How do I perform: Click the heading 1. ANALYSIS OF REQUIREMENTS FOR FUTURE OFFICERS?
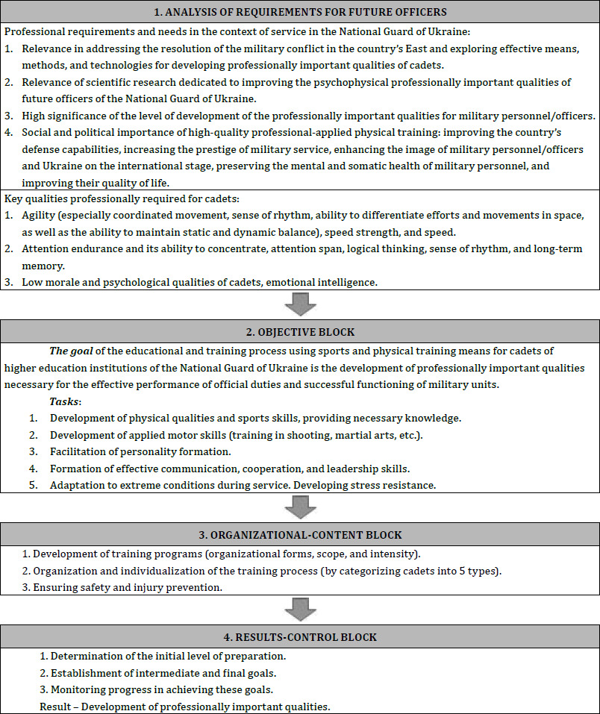tap(300, 13)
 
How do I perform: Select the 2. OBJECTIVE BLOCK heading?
tap(300, 331)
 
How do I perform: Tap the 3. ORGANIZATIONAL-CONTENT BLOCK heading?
tap(300, 534)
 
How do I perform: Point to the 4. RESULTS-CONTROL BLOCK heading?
tap(300, 636)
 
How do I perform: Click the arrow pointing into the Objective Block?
tap(300, 304)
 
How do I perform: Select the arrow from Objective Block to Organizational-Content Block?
tap(300, 507)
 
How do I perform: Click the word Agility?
tap(39, 215)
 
